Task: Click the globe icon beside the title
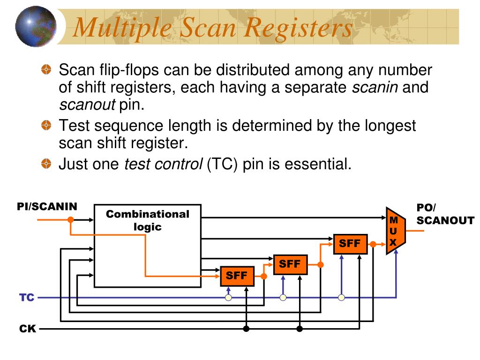pos(36,26)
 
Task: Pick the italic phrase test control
pos(163,164)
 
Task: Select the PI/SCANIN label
pos(47,207)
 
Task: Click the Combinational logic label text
pos(147,220)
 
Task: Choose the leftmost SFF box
pos(237,276)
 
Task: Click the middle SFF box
pos(290,264)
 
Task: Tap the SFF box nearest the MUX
pos(350,244)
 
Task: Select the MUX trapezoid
pos(395,231)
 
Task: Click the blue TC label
pos(27,298)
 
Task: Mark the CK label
pos(27,329)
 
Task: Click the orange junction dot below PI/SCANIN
pos(70,219)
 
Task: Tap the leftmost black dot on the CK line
pos(246,329)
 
